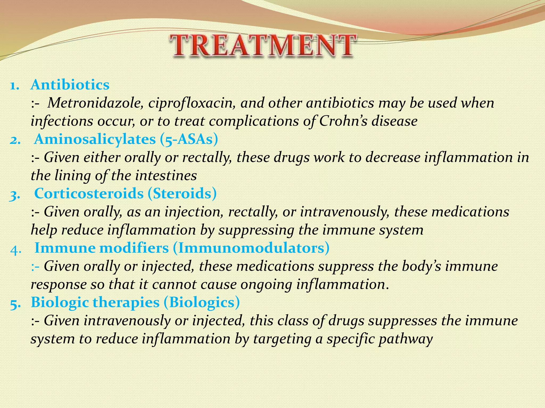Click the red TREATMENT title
(x=262, y=46)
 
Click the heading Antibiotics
(x=70, y=85)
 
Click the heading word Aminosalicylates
(x=95, y=139)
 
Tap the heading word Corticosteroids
(x=89, y=193)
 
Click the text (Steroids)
(x=182, y=193)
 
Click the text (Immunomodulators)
(x=251, y=248)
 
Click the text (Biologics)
(x=202, y=302)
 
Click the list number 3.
(x=15, y=195)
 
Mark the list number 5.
(x=15, y=304)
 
